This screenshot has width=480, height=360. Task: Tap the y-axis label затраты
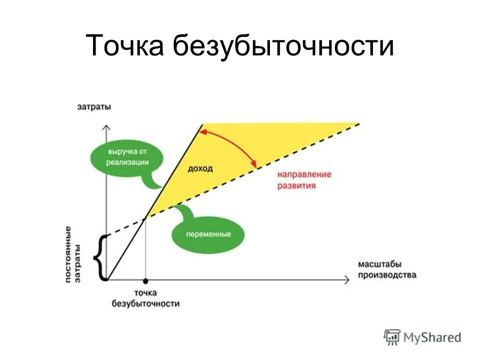pyautogui.click(x=94, y=106)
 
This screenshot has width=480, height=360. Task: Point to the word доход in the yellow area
pyautogui.click(x=200, y=168)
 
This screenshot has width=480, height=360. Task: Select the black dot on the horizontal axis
pyautogui.click(x=145, y=281)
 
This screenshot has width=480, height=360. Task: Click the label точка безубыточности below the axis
pyautogui.click(x=145, y=298)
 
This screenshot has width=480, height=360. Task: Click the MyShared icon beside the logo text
pyautogui.click(x=392, y=337)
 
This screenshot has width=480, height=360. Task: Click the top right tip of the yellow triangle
pyautogui.click(x=359, y=123)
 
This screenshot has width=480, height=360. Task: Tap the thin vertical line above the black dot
pyautogui.click(x=145, y=250)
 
